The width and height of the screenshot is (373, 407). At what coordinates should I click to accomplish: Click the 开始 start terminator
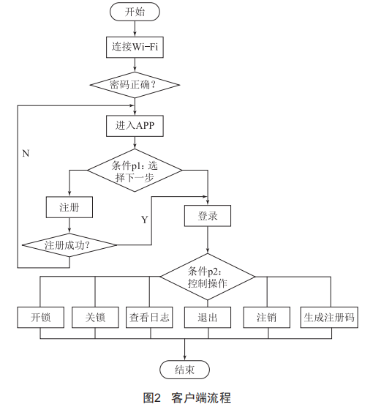(135, 12)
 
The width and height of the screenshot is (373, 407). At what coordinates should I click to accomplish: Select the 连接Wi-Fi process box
(135, 47)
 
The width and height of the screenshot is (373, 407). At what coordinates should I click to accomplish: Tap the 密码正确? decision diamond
(135, 85)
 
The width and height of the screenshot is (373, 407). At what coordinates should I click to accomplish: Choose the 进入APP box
(135, 126)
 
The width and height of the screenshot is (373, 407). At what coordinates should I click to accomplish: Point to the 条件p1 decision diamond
(135, 171)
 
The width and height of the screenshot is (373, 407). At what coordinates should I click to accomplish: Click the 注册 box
(69, 207)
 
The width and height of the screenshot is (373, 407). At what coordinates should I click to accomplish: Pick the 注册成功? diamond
(69, 245)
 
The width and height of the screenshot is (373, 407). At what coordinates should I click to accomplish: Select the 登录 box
(208, 216)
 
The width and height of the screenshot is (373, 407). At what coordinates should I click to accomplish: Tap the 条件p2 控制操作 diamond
(208, 277)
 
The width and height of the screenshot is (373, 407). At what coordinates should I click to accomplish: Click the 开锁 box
(41, 317)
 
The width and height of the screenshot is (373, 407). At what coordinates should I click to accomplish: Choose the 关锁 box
(95, 317)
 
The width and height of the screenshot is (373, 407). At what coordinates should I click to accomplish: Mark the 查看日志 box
(149, 317)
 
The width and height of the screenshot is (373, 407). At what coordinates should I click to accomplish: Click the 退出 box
(208, 317)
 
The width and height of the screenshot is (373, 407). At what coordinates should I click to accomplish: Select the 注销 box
(267, 317)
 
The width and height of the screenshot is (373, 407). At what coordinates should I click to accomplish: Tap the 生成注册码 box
(329, 317)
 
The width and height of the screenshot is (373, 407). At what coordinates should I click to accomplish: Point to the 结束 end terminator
(184, 370)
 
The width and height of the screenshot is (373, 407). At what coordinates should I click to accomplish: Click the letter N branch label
(26, 154)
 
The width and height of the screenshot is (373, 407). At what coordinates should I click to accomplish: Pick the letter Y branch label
(145, 220)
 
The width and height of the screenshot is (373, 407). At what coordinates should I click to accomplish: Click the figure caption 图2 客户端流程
(186, 398)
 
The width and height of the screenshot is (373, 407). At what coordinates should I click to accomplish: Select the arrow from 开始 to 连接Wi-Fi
(135, 29)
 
